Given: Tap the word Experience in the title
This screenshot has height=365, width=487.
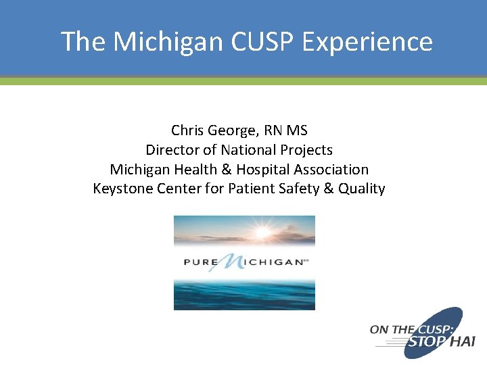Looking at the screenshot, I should point(367,41).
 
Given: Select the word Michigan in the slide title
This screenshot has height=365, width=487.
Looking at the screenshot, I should point(168,41).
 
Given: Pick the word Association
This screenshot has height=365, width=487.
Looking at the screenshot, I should point(329,169).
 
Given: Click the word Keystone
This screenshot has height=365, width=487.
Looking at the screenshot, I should point(122,189).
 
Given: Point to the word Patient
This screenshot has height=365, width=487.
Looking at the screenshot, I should point(253,189).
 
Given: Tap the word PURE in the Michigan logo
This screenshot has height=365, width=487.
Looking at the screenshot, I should point(200,261).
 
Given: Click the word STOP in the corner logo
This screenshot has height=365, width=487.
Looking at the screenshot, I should point(425,342).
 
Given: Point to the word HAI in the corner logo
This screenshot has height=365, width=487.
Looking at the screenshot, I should point(462,342).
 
